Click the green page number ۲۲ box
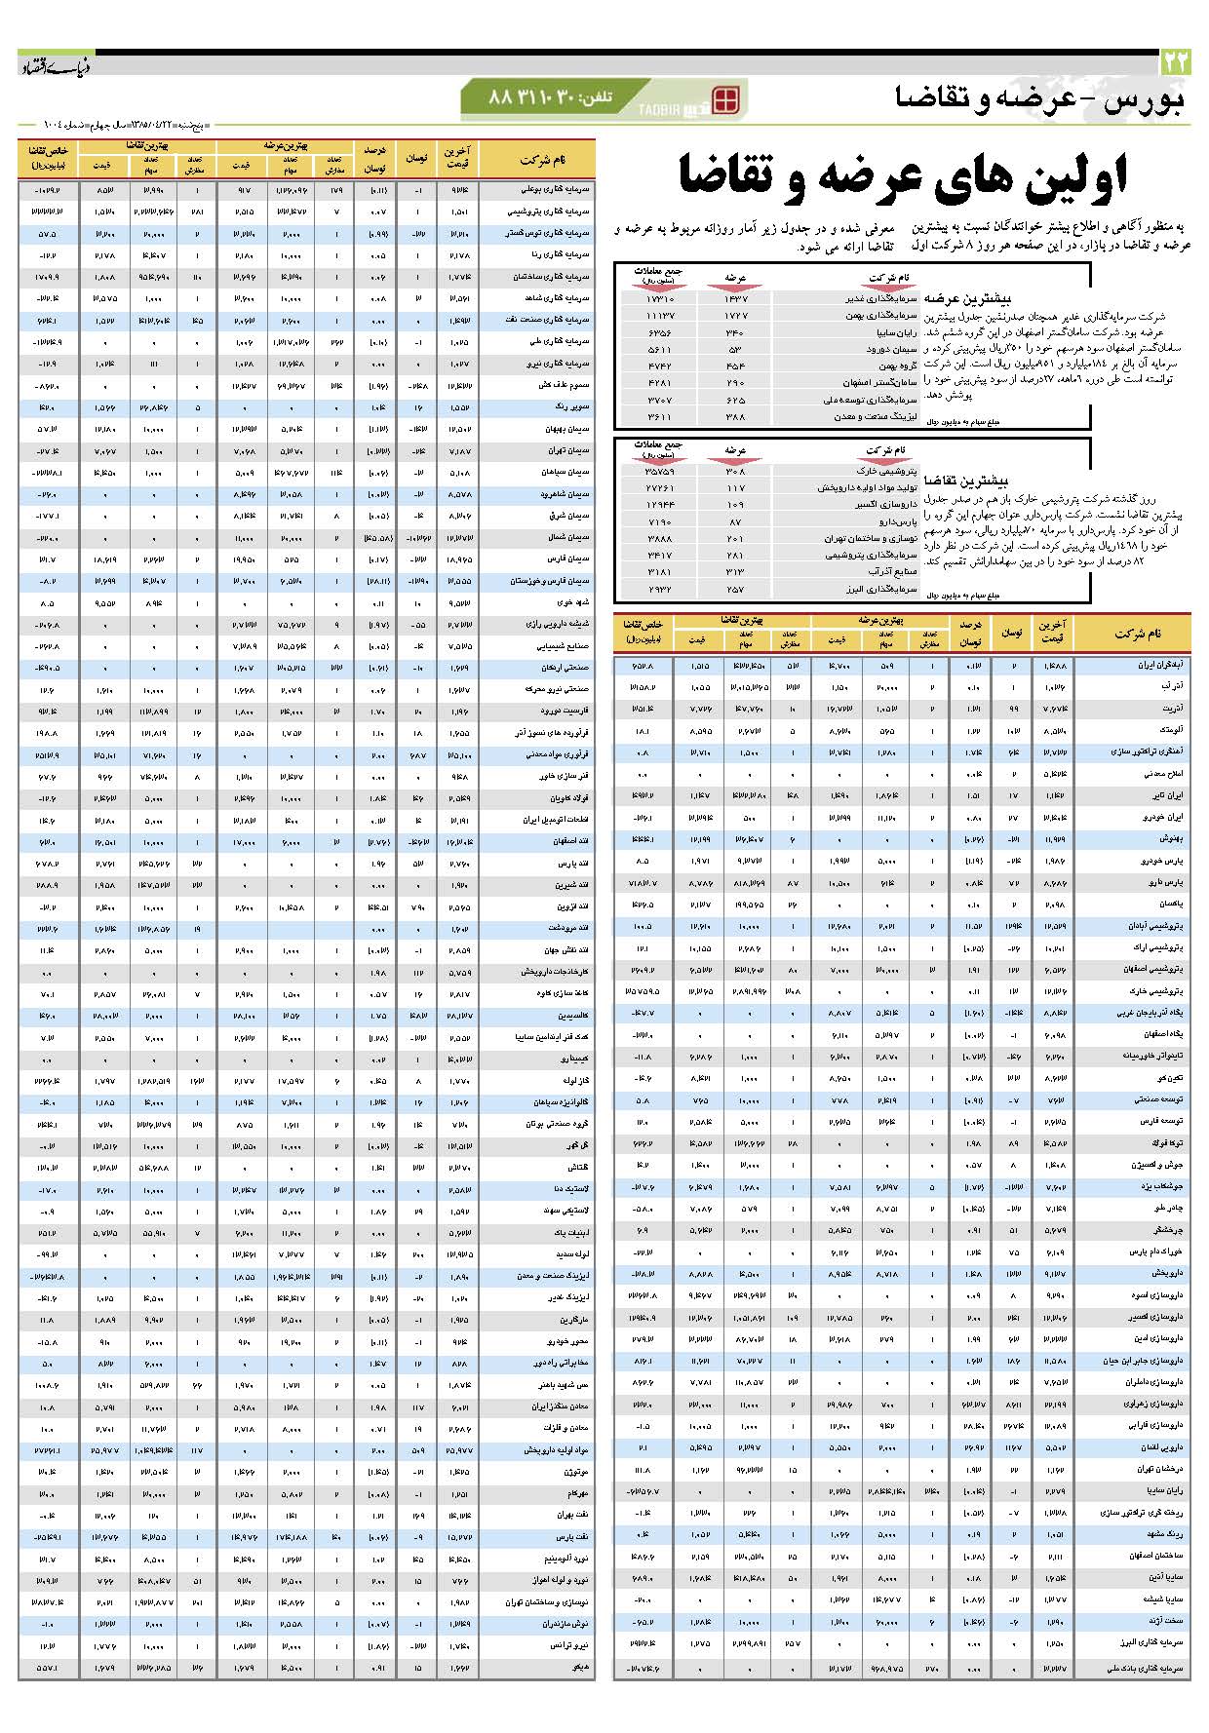1176,61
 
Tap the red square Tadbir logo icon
726,99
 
